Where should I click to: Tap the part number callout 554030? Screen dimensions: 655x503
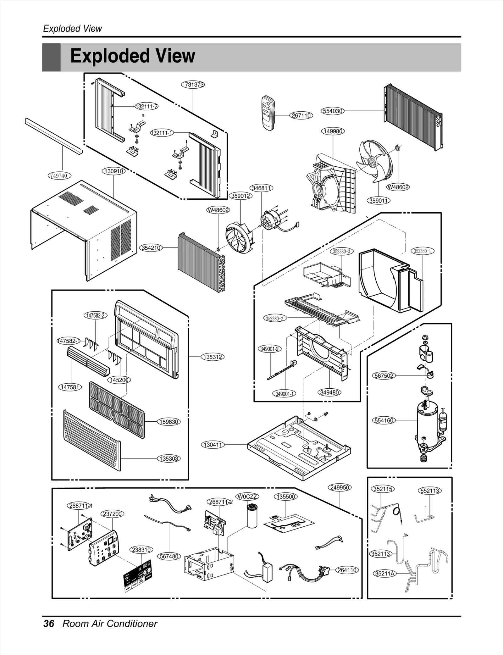(x=333, y=111)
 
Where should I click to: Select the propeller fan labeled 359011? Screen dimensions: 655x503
(x=375, y=161)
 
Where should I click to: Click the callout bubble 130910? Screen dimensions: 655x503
(x=113, y=171)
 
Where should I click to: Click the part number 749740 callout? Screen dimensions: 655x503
(x=59, y=175)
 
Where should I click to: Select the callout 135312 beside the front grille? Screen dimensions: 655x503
(x=213, y=357)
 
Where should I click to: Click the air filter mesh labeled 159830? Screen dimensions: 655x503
(x=117, y=409)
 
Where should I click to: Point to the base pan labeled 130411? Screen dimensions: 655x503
(x=299, y=447)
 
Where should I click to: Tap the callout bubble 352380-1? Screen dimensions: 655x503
(x=423, y=251)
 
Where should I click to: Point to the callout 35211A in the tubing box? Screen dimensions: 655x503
(x=384, y=574)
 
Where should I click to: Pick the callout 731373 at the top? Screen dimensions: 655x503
(x=193, y=85)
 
